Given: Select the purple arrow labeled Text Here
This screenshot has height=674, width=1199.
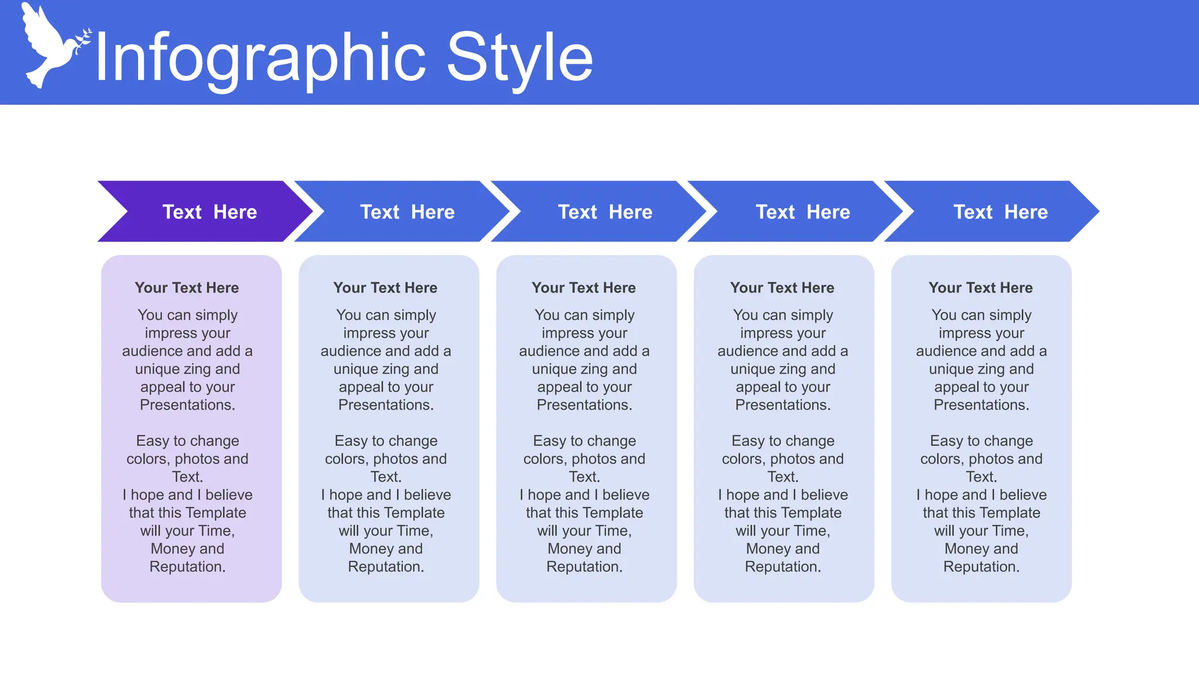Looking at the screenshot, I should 209,212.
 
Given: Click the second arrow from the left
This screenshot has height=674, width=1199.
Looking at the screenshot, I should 407,212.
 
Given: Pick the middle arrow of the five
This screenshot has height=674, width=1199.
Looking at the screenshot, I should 605,212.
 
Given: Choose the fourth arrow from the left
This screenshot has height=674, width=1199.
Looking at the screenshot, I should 803,212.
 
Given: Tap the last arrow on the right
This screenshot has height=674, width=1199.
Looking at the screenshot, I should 1001,212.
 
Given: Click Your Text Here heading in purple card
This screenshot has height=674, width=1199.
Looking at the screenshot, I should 187,288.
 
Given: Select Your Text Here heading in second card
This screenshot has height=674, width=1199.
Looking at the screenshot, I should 385,288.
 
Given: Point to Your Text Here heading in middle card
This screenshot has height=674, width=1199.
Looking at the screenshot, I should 584,288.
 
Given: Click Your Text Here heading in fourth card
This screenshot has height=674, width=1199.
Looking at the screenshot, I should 782,288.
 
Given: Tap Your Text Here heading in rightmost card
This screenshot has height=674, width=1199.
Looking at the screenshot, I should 981,288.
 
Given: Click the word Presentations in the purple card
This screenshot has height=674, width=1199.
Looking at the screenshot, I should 187,405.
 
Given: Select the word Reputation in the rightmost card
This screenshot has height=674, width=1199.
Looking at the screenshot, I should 981,567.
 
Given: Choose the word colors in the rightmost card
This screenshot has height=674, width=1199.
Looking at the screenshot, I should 941,459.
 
